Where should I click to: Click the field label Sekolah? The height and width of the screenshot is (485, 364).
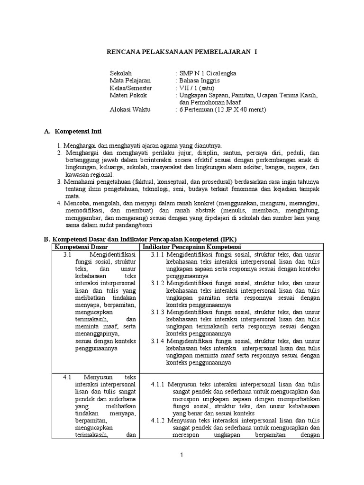tap(120, 73)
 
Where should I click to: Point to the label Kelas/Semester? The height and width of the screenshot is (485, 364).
tap(131, 88)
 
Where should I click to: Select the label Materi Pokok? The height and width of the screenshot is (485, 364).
tap(127, 95)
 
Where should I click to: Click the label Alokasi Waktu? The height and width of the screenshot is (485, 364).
tap(129, 110)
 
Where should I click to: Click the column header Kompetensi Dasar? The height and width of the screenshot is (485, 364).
tap(81, 247)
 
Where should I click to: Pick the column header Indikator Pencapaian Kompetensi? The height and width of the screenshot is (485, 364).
tap(192, 247)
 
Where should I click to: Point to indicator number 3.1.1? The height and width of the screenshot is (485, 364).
tap(157, 254)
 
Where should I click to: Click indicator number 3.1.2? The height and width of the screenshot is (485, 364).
tap(157, 283)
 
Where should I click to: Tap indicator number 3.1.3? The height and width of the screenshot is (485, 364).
tap(157, 312)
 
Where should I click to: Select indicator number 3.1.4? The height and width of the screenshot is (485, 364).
tap(157, 341)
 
